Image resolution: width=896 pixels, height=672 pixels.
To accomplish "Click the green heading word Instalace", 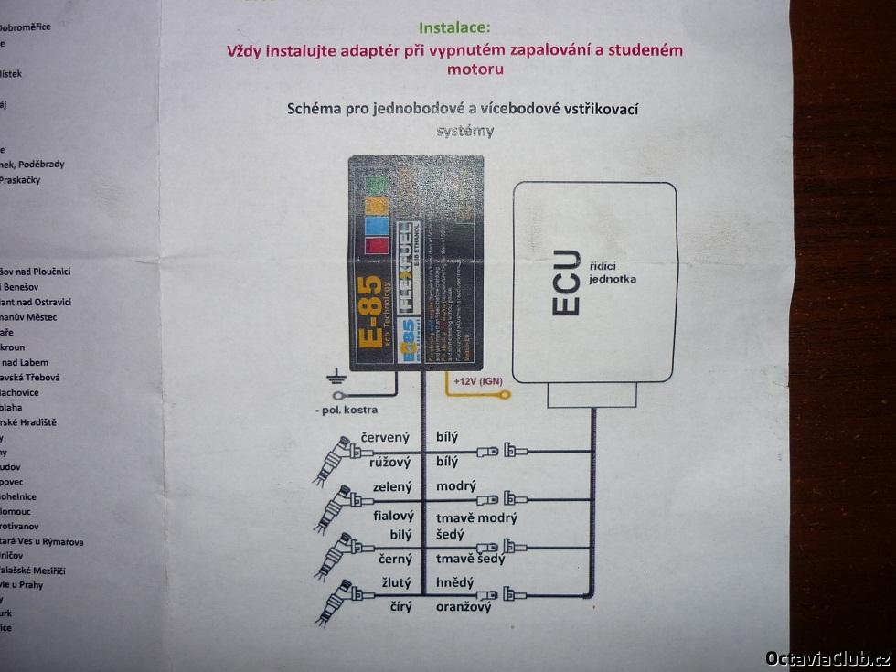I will [x=454, y=28].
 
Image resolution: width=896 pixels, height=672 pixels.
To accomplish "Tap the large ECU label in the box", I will [x=566, y=283].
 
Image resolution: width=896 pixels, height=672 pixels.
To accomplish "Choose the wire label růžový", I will [x=389, y=462].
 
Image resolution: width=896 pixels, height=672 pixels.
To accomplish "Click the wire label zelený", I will [x=392, y=486].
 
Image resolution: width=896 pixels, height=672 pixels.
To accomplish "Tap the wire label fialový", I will [x=393, y=516].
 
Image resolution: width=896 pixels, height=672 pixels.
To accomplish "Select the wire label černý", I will [x=395, y=558].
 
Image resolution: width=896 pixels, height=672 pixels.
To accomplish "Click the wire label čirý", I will [x=400, y=605].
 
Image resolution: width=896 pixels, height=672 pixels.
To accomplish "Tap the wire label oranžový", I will [x=464, y=606].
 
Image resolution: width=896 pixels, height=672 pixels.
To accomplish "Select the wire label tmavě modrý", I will [x=476, y=517].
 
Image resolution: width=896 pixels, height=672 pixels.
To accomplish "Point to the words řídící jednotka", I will [x=613, y=271].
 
